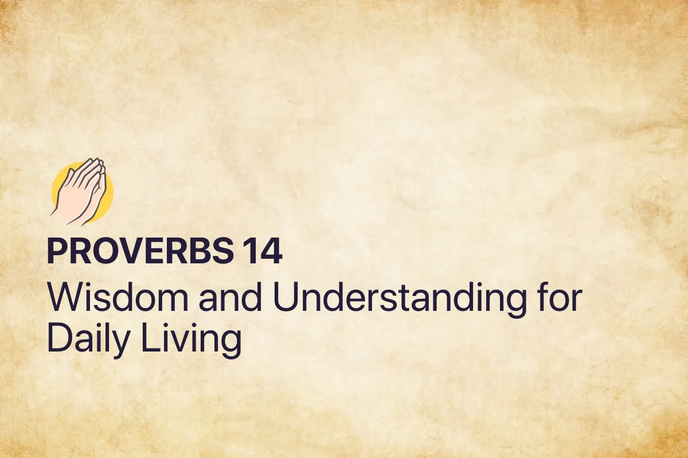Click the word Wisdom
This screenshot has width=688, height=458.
click(108, 298)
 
